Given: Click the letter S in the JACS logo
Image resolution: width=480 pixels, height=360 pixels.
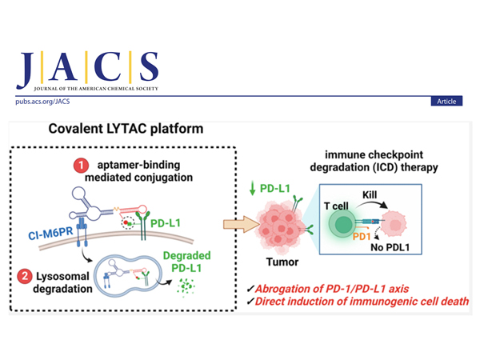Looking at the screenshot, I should [x=148, y=70].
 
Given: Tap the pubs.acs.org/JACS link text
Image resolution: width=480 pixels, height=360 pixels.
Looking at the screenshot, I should [x=41, y=102].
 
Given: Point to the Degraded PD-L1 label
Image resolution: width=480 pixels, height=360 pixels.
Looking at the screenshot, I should [x=186, y=261].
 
